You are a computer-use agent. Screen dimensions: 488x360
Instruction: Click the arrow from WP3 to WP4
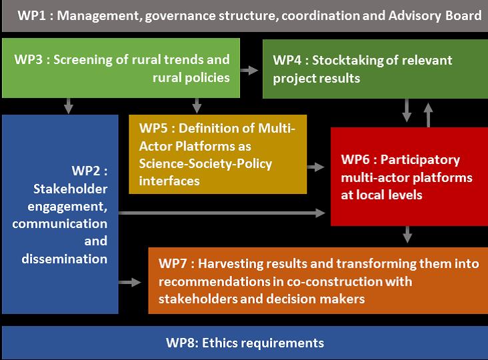coord(249,70)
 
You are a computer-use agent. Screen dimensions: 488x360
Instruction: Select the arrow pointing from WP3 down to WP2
coord(69,106)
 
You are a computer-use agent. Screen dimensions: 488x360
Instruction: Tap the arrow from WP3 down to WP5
coord(197,106)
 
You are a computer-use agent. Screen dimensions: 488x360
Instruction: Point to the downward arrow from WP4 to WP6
coord(407,111)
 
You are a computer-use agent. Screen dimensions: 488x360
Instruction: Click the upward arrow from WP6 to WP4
coord(428,115)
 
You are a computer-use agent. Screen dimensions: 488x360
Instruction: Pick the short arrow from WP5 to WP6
coord(316,167)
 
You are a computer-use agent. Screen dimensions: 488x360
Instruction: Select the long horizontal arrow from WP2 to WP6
coord(222,213)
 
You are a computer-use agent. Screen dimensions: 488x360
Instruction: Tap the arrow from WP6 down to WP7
coord(407,234)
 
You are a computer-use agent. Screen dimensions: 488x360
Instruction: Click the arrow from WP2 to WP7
coord(130,283)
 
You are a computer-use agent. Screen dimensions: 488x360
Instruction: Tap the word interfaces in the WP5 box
coord(169,181)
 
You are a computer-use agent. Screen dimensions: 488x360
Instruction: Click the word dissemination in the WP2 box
coord(65,259)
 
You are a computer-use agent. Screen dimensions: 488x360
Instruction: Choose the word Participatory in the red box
coord(420,160)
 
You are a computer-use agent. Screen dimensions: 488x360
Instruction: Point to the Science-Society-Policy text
coord(205,164)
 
